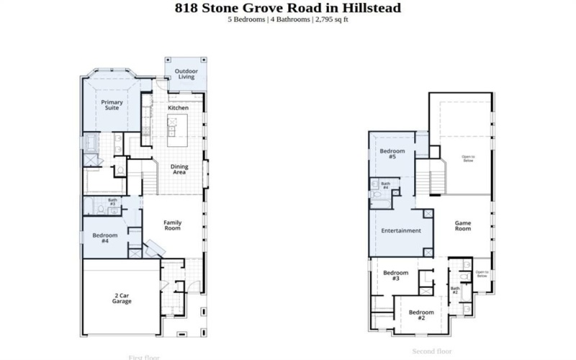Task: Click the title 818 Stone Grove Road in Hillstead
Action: coord(288,8)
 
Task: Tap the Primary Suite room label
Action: coord(112,105)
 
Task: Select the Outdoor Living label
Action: coord(186,74)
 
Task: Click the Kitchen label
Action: coord(178,107)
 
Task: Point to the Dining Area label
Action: coord(179,169)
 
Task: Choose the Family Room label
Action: coord(172,225)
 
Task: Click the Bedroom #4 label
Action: coord(104,238)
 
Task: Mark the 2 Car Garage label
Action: coord(121,298)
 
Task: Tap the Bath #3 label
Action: coord(112,202)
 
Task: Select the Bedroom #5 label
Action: coord(392,153)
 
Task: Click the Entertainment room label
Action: coord(401,230)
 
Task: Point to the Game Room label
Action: coord(462,225)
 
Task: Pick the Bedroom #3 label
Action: coord(395,275)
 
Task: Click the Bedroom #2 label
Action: coord(421,315)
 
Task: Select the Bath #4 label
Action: coord(385,186)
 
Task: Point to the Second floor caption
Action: coord(431,351)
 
